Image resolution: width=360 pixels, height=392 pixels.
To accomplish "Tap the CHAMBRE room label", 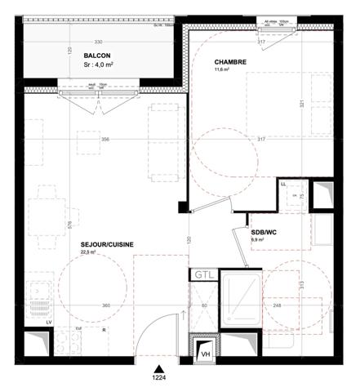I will tap(231, 62).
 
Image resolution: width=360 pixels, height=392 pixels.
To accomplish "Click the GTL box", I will tap(202, 275).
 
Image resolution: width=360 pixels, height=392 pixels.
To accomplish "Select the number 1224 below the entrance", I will tap(158, 378).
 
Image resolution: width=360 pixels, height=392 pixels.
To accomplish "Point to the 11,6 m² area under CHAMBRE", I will tap(223, 71).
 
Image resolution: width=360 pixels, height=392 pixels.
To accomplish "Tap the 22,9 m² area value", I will tap(88, 253).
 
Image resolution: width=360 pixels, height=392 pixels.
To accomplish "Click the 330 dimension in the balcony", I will tap(98, 42).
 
